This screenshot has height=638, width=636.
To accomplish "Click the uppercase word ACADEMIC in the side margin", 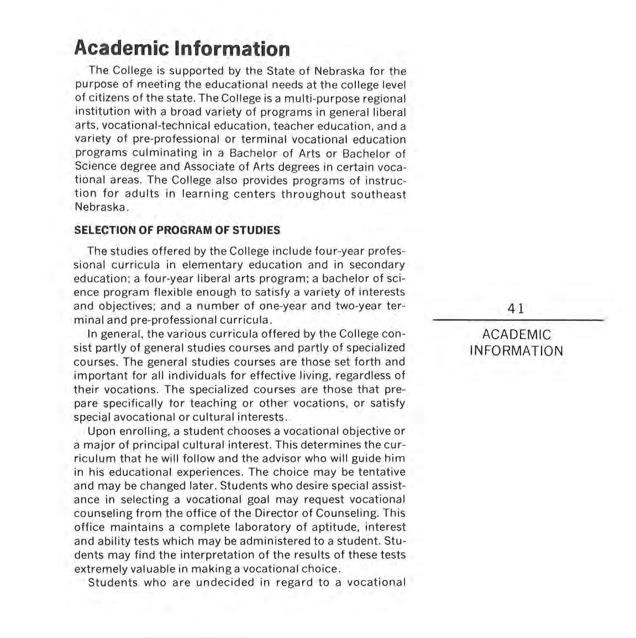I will click(x=517, y=335).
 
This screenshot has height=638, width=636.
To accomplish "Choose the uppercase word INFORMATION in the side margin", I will click(x=517, y=351).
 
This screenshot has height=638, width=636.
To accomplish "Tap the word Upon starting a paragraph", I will click(x=101, y=431).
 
